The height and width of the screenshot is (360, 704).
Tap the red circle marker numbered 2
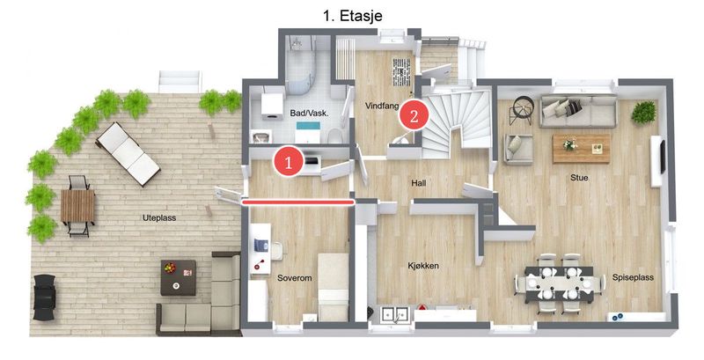coord(414,116)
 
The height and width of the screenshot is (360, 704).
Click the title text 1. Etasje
coord(353,16)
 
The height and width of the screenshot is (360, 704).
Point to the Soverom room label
coord(295,278)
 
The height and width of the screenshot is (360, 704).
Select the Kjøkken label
coord(423,266)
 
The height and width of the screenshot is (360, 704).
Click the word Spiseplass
coord(633,277)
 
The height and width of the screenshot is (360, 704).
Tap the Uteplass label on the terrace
coord(159,218)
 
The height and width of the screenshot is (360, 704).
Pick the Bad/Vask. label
coord(310,114)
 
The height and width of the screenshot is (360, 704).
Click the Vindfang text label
coord(382,107)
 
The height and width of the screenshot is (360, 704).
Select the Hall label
coord(419,183)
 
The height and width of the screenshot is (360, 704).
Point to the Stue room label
coord(579,178)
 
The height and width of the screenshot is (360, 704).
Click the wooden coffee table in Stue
coord(581,148)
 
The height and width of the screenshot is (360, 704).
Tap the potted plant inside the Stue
coord(643,112)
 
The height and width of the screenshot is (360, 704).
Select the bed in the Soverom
coord(334,287)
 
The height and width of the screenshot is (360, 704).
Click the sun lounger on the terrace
coord(128,153)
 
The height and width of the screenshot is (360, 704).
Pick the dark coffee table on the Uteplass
coord(179,277)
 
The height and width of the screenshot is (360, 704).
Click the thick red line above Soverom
coord(298,203)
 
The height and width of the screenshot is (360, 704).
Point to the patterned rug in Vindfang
coord(401,72)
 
